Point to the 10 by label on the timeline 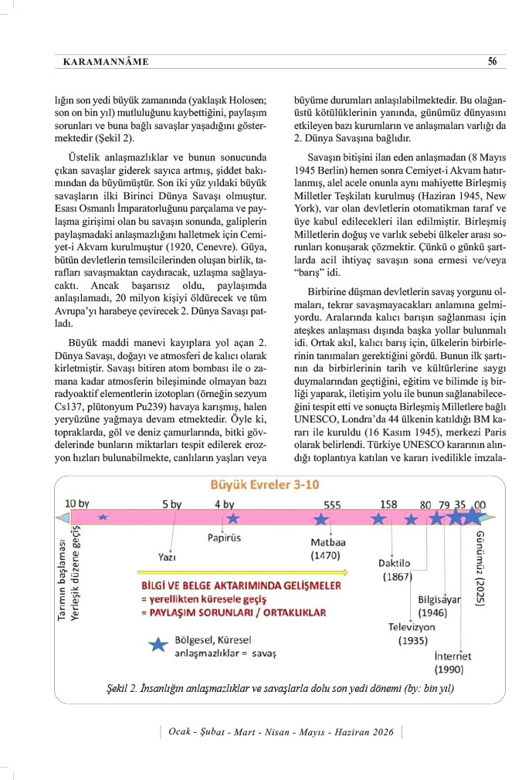pos(77,504)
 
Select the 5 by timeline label pos(171,504)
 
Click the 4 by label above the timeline pos(224,504)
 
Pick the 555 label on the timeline pos(332,504)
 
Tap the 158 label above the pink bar pos(388,504)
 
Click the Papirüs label pos(225,538)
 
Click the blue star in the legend pos(158,645)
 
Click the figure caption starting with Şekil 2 pos(279,687)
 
